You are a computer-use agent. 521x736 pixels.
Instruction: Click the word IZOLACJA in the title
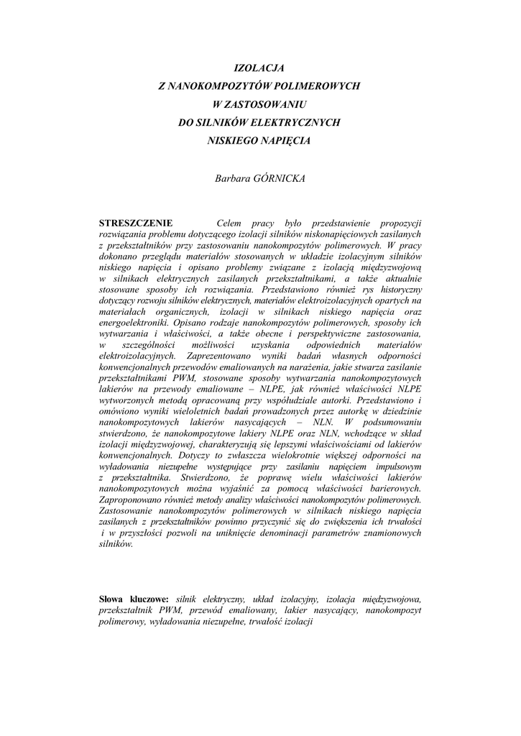coord(260,68)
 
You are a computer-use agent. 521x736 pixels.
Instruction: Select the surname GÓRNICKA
coord(280,178)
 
